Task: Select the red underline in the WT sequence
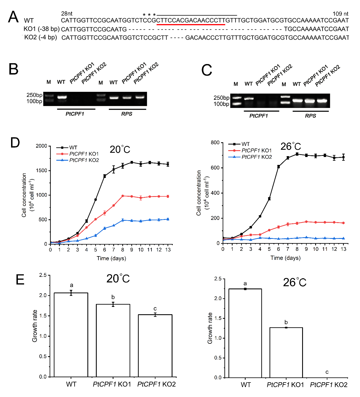point(191,25)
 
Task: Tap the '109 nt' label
point(340,14)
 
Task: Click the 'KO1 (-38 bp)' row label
point(41,29)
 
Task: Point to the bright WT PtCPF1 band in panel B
point(62,97)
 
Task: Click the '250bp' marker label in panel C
point(221,98)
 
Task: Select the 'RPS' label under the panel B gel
point(127,114)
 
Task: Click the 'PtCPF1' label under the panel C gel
point(258,116)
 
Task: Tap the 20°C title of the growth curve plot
point(120,149)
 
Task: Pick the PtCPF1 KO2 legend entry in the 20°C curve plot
point(84,160)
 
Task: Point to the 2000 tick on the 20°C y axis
point(41,146)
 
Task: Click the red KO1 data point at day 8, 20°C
point(123,196)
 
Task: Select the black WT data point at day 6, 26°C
point(279,167)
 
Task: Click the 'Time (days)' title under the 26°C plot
point(285,258)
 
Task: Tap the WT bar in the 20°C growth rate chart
point(71,334)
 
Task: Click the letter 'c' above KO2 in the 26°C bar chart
point(327,372)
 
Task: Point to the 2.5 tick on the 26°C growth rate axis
point(218,279)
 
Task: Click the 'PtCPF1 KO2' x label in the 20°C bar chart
point(157,384)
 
